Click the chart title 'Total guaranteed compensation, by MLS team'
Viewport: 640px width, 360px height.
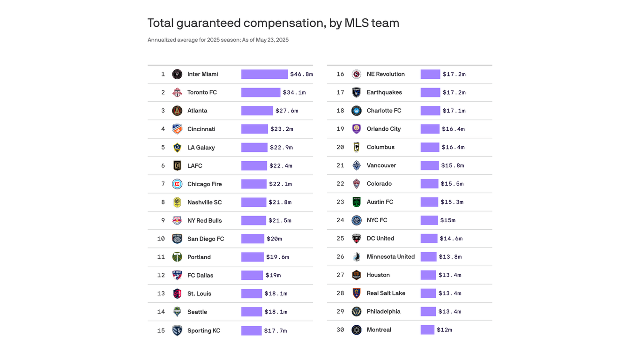coord(273,23)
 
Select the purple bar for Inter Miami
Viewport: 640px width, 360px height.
coord(264,74)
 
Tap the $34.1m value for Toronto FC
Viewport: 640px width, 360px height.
coord(294,92)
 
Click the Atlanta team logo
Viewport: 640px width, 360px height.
coord(177,111)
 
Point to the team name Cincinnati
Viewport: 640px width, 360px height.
coord(201,129)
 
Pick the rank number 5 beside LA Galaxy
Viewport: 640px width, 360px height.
coord(163,147)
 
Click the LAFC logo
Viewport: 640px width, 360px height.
coord(177,165)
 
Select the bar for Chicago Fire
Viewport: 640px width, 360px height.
coord(253,184)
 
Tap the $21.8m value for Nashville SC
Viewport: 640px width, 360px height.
coord(280,202)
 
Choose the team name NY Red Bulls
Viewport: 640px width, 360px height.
coord(204,220)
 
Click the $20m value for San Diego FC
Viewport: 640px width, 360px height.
coord(274,239)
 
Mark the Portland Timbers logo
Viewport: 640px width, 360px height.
coord(177,257)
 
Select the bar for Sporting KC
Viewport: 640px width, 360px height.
coord(251,330)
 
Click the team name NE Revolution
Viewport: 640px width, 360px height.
coord(386,74)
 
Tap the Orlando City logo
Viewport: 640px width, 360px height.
coord(357,129)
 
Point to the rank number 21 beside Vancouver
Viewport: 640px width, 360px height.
coord(340,165)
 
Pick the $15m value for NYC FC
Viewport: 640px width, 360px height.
coord(447,220)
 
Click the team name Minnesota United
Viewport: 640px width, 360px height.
coord(391,257)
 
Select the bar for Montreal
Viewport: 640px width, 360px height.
coord(427,330)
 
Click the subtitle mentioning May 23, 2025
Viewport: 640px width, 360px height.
coord(218,40)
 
